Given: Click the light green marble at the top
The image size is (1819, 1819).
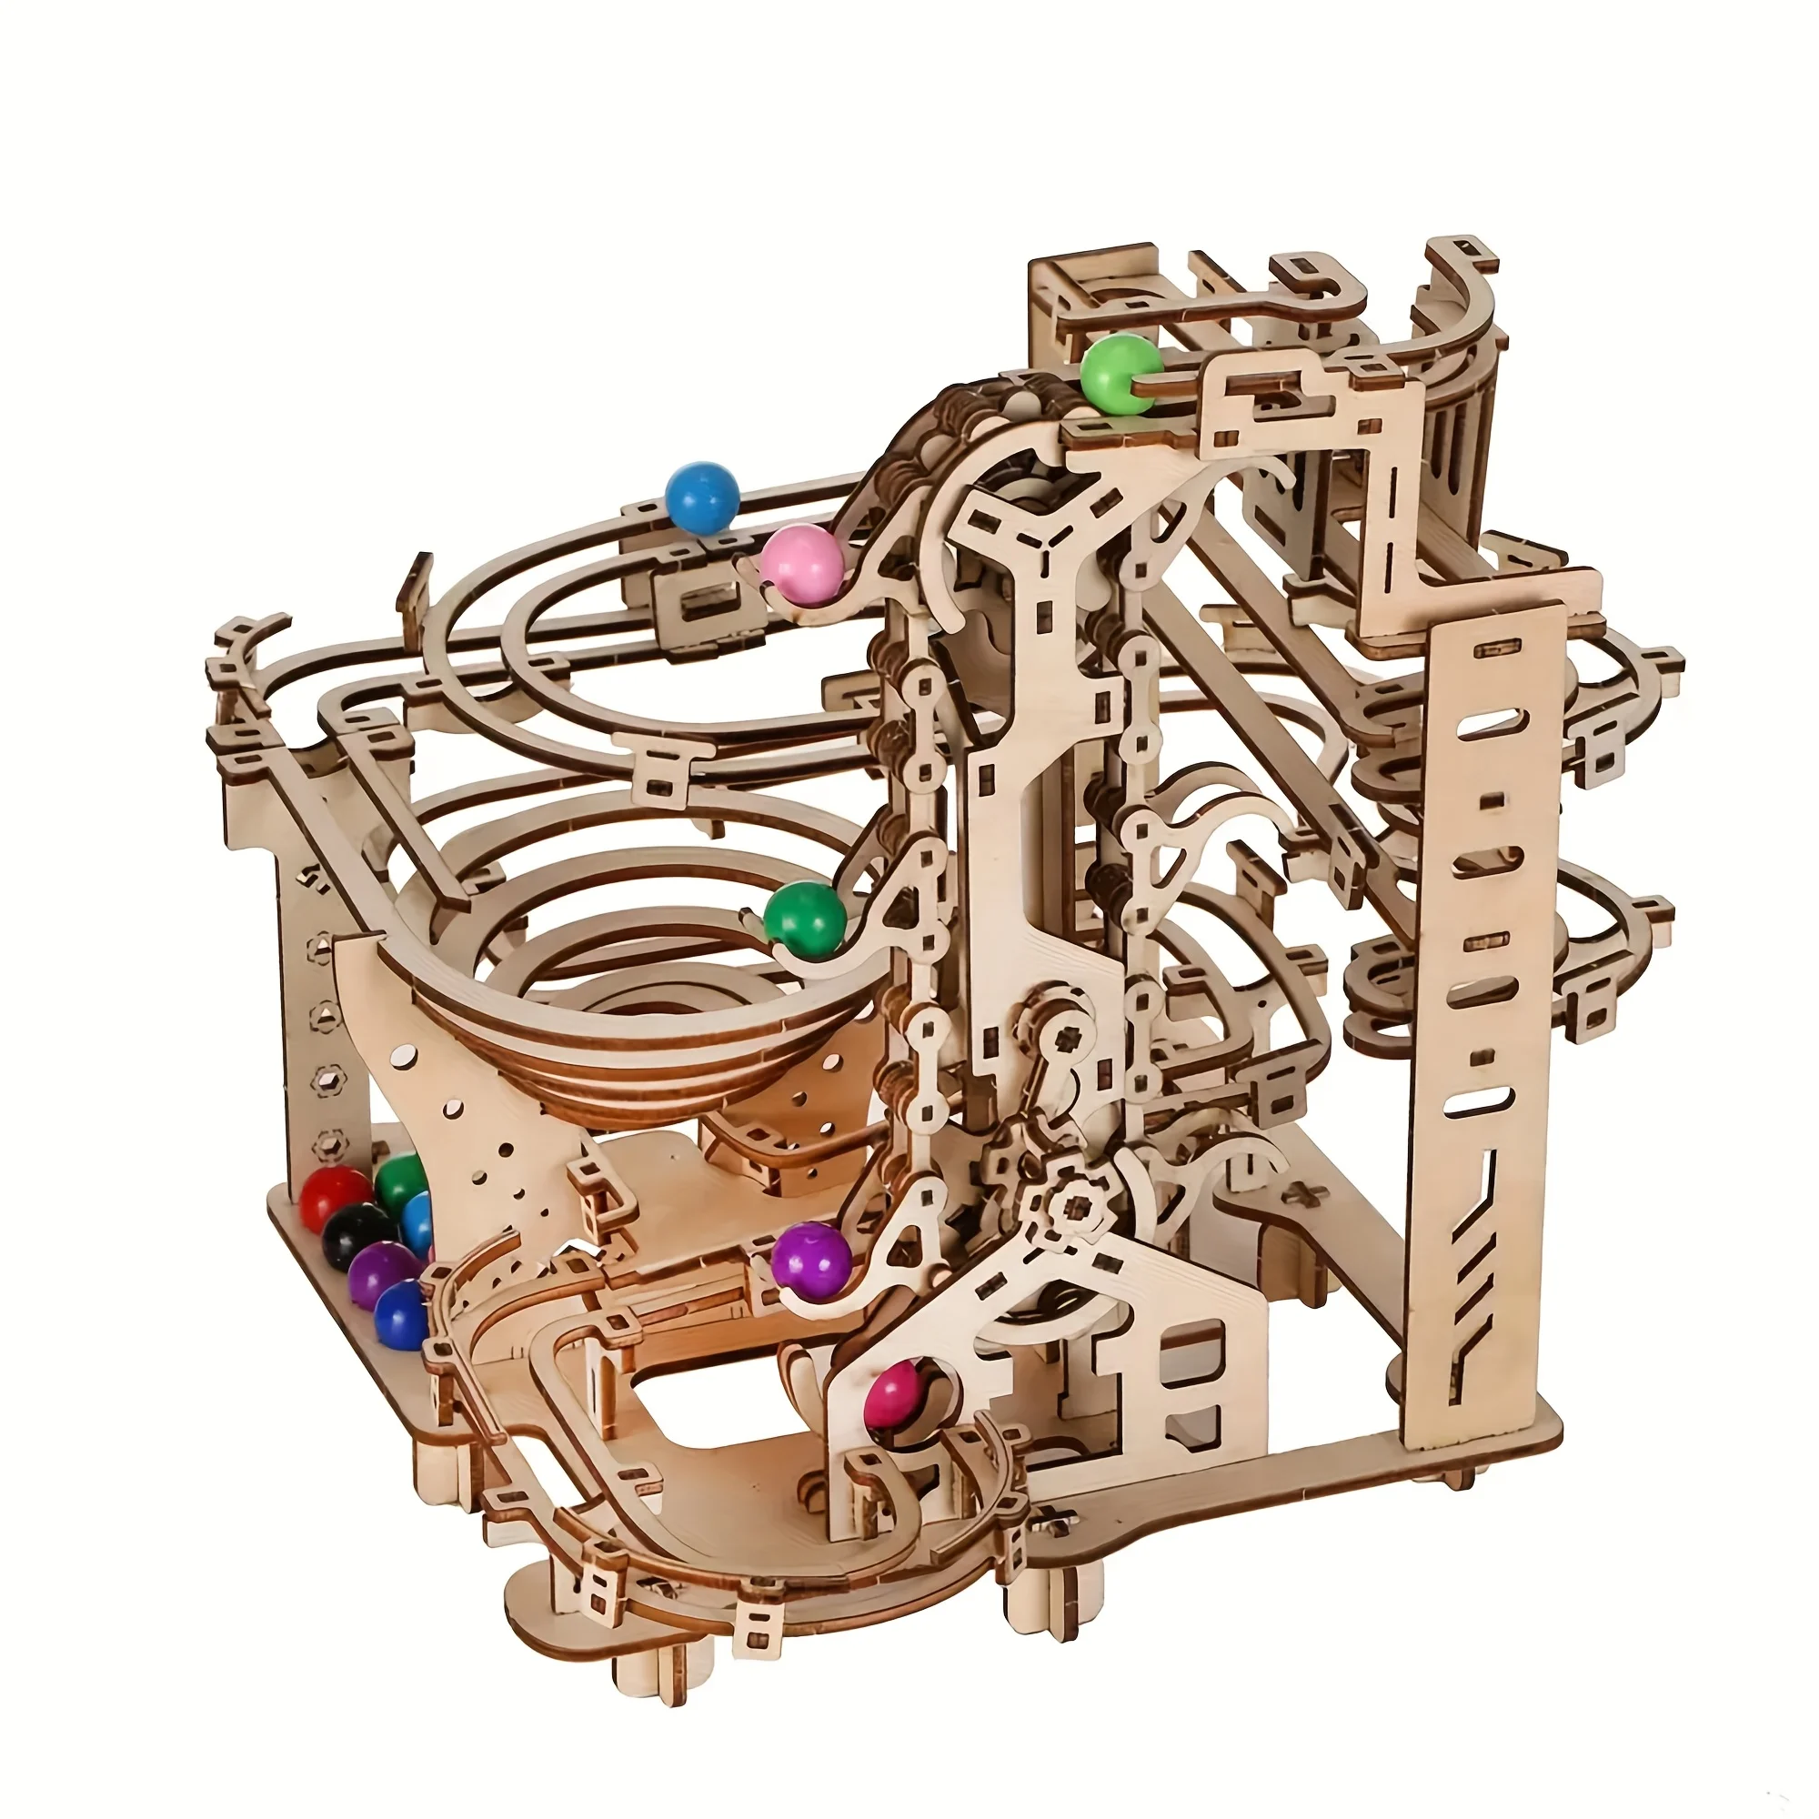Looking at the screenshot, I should pos(1120,375).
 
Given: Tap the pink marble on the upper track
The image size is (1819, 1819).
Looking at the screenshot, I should pos(802,565).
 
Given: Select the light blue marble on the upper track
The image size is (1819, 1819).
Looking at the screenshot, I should pos(701,498).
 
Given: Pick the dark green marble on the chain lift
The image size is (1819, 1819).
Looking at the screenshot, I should pos(803,920).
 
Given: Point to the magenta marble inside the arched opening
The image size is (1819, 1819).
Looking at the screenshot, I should pos(895,1397).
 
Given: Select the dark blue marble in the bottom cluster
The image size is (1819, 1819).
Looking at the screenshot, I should pos(400,1315).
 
